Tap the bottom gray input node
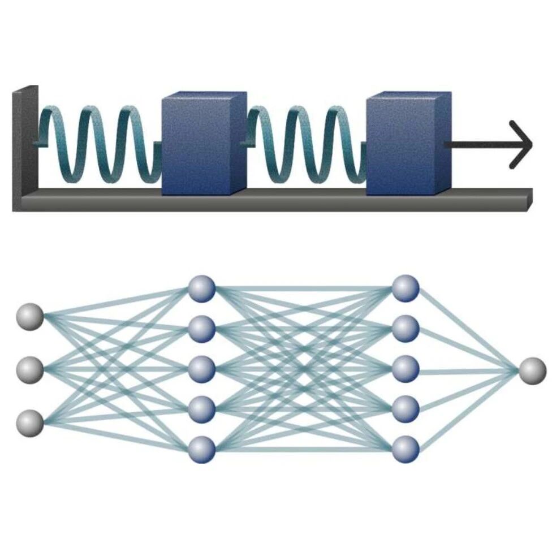(x=30, y=423)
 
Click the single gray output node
(x=532, y=370)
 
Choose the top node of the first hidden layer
(x=202, y=288)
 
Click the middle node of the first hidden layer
(x=202, y=369)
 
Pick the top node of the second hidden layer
(x=405, y=288)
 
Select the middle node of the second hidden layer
(x=405, y=369)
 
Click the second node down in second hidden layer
(x=405, y=329)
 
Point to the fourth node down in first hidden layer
(x=202, y=408)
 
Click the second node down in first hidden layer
(x=202, y=329)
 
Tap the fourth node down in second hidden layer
(x=405, y=408)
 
